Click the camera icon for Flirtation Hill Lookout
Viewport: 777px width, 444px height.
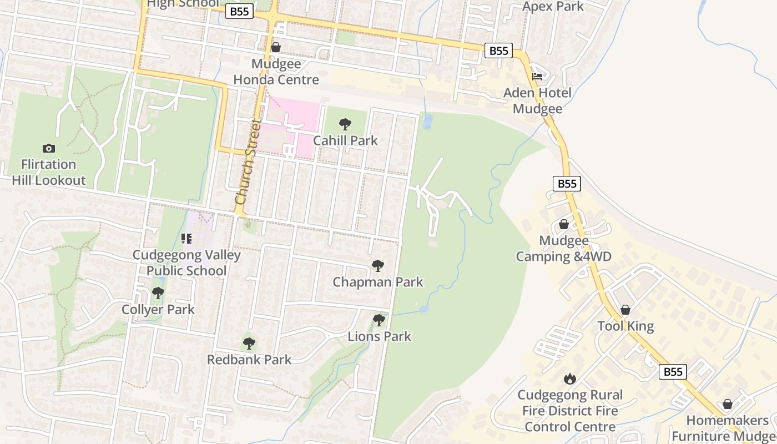point(49,148)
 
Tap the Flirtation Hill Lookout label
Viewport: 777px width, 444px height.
point(49,172)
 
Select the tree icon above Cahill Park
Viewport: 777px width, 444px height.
point(345,124)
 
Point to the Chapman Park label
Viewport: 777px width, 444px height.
point(377,282)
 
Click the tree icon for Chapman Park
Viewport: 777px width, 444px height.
point(378,266)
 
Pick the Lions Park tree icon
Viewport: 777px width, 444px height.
point(379,320)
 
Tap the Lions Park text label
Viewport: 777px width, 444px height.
point(380,336)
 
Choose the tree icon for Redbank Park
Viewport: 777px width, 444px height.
point(249,344)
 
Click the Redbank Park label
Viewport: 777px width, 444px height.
point(249,360)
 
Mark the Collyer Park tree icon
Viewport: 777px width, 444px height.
point(158,293)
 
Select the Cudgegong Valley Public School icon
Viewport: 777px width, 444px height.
point(186,239)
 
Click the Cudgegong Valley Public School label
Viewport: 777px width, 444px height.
point(186,263)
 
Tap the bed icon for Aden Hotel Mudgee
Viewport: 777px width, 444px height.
point(537,77)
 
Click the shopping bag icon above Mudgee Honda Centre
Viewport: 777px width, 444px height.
point(276,47)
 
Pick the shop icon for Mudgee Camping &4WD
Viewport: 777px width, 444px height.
point(564,224)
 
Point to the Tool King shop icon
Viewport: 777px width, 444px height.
point(625,310)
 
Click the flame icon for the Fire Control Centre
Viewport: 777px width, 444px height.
point(570,379)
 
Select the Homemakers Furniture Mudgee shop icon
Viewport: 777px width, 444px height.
point(728,404)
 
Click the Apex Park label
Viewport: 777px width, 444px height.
point(553,7)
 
